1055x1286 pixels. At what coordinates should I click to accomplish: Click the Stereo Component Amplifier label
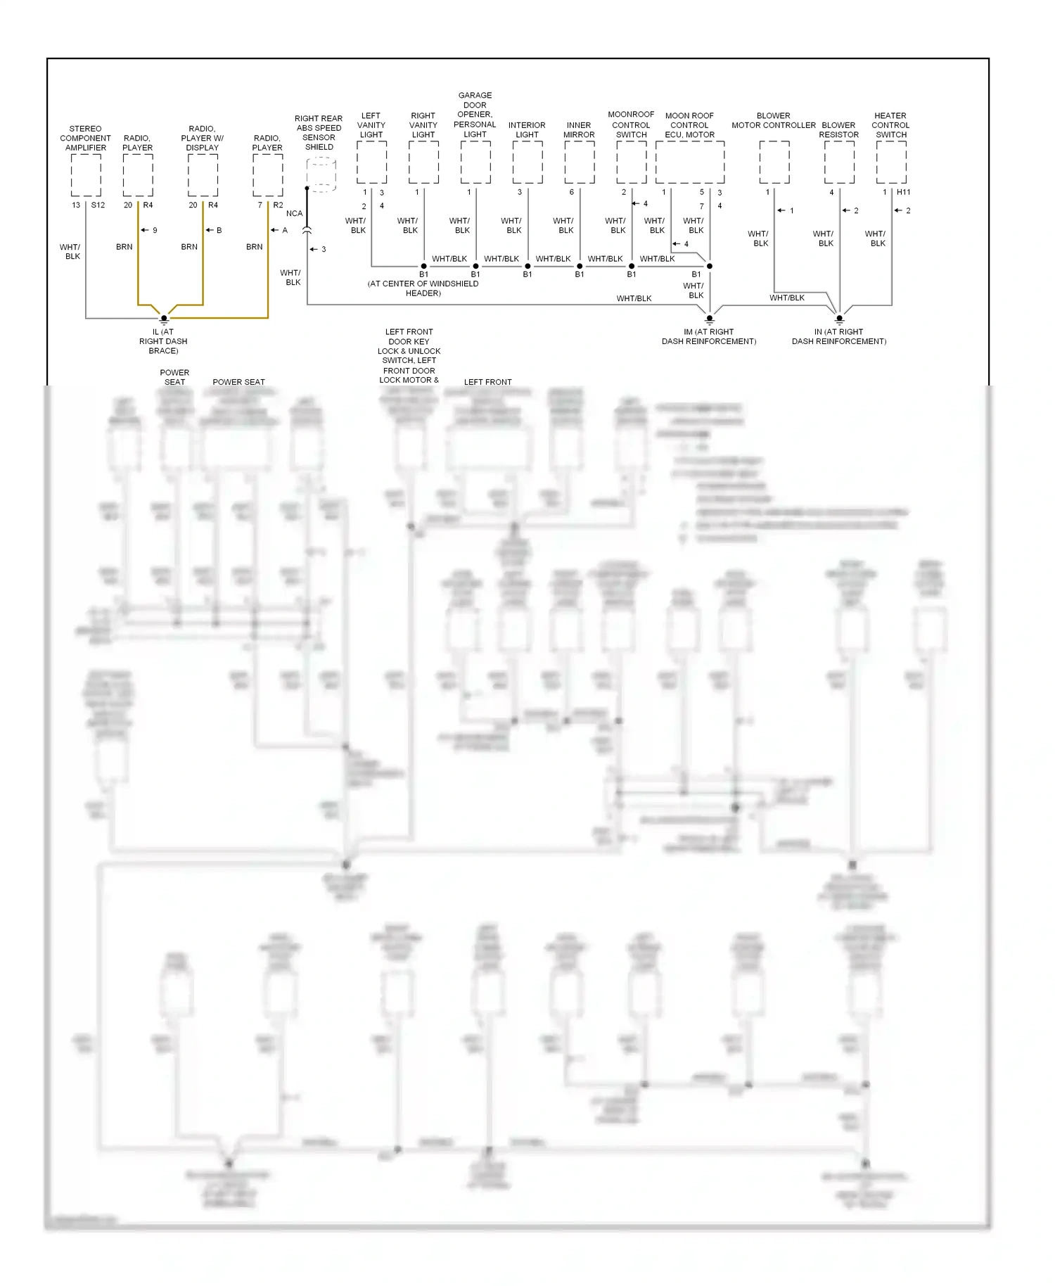[86, 138]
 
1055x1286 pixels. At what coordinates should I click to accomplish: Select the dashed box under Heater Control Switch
[891, 163]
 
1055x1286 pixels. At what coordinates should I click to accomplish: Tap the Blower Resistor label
[838, 129]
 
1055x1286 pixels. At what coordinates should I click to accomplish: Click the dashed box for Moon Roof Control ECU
[689, 163]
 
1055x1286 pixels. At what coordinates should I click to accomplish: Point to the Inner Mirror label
[579, 129]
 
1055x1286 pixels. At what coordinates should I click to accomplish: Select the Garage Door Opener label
[475, 115]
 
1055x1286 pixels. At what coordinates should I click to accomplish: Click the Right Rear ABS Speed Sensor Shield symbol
[321, 174]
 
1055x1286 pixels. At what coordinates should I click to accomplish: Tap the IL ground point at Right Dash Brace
[164, 319]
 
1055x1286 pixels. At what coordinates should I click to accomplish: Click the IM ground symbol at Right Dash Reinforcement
[710, 319]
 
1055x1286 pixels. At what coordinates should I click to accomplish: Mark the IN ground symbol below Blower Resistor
[839, 319]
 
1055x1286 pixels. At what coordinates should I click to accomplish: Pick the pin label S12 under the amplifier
[98, 205]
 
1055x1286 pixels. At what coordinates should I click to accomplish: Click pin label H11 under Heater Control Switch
[904, 192]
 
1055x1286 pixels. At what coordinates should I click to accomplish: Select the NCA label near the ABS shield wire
[294, 213]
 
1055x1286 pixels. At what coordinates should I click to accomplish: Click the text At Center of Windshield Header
[423, 288]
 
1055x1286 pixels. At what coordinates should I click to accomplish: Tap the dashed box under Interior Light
[527, 163]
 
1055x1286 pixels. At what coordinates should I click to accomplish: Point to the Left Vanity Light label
[371, 125]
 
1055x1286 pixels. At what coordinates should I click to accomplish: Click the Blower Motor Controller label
[774, 120]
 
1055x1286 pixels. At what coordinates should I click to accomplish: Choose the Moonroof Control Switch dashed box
[631, 163]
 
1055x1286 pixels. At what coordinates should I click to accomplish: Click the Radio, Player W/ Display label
[203, 138]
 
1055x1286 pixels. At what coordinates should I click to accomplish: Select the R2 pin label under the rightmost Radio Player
[278, 205]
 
